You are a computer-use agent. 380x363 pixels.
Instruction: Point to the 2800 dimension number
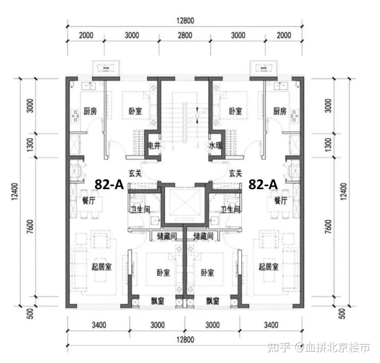click(185, 35)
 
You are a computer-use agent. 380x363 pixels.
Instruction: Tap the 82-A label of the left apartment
click(109, 184)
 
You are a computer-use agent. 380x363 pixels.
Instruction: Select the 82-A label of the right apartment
click(263, 184)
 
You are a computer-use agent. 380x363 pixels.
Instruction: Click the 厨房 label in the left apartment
click(90, 111)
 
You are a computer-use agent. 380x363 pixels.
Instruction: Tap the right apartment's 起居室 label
click(268, 267)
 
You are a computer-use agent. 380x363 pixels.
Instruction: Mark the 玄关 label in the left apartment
click(135, 173)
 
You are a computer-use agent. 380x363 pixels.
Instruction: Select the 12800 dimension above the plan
click(185, 21)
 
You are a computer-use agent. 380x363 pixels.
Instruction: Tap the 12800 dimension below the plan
click(185, 339)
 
